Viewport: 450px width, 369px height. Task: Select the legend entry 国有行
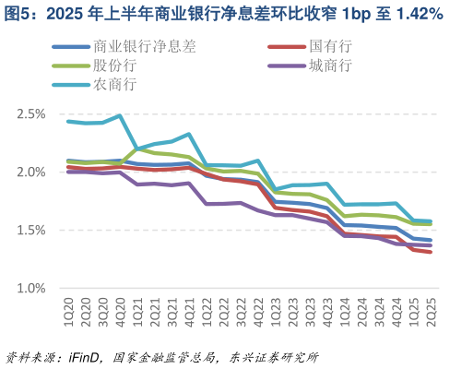[x=332, y=46]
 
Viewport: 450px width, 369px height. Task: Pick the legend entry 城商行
[x=332, y=65]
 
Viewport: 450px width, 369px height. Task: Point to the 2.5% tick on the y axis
[x=31, y=114]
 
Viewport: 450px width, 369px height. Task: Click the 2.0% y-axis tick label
[x=31, y=173]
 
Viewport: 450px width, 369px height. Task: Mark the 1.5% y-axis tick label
[x=31, y=231]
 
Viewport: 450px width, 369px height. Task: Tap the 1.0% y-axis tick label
[x=31, y=289]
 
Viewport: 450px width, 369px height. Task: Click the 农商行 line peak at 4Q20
[x=120, y=116]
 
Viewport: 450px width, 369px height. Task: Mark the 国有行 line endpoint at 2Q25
[x=430, y=252]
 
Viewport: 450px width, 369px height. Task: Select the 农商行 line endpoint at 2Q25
[x=430, y=221]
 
